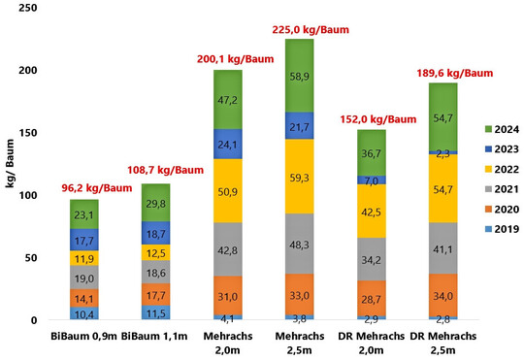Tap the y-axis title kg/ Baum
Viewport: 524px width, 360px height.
coord(12,165)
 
